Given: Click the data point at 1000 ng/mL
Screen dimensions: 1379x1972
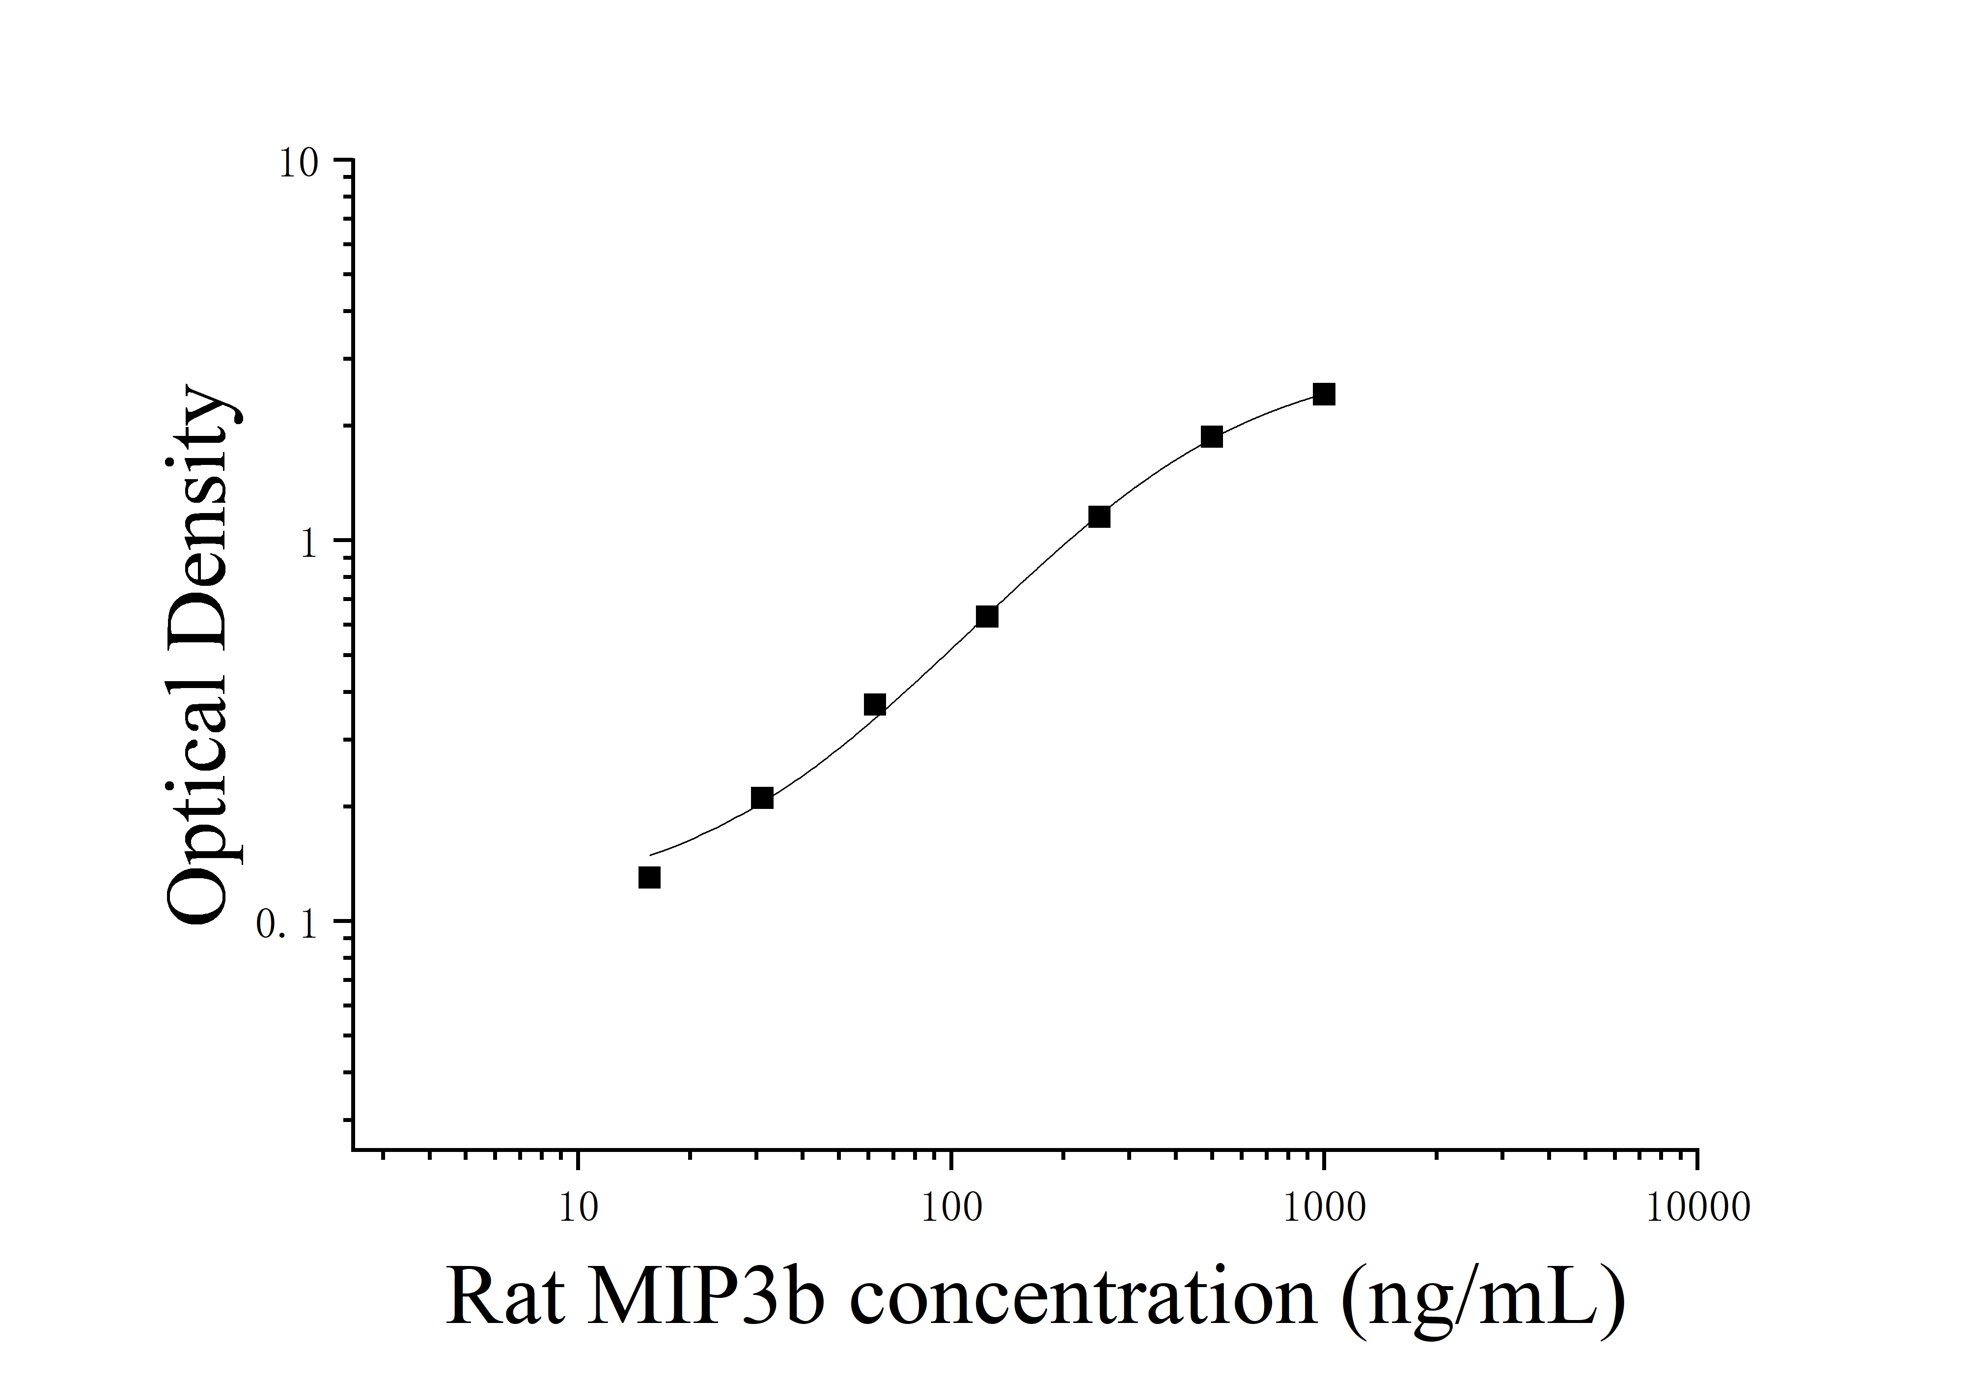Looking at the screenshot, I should click(1324, 394).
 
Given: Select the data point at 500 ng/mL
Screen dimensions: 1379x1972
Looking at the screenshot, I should click(1211, 436).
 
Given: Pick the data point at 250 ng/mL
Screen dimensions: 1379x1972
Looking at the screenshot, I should click(1099, 517).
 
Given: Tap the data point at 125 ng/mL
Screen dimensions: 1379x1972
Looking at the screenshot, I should click(987, 616).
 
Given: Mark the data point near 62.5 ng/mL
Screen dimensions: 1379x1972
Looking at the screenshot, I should click(874, 705).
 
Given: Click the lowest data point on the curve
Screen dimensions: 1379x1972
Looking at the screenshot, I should click(649, 877).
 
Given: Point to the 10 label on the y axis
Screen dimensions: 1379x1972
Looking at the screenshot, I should click(298, 163).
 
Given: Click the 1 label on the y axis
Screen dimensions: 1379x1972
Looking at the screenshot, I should click(309, 544).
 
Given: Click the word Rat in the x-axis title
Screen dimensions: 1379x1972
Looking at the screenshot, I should click(504, 1297).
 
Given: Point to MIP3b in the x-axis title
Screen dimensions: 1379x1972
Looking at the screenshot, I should click(706, 1297).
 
